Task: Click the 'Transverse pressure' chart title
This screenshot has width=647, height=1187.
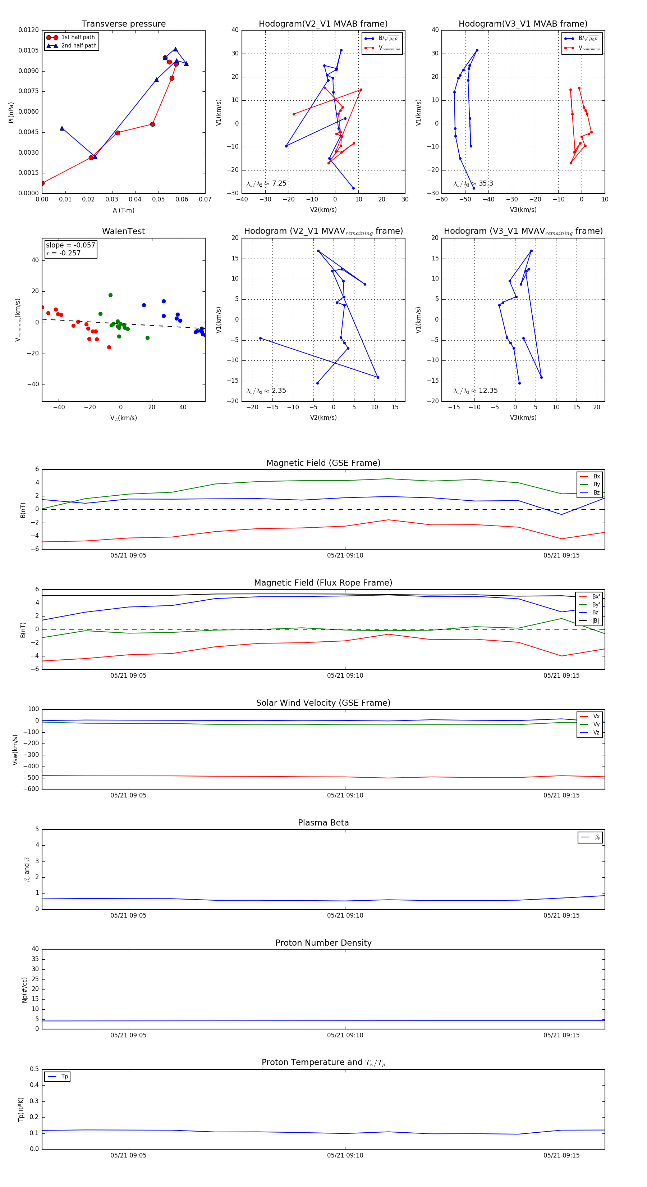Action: [123, 24]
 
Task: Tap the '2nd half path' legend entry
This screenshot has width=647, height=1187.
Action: [79, 46]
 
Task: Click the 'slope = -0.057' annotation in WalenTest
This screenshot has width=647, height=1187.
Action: [70, 245]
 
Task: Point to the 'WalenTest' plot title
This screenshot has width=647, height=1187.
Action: [123, 231]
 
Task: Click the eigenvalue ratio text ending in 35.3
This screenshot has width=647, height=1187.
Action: [473, 183]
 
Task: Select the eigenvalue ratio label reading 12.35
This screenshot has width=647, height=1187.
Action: [475, 391]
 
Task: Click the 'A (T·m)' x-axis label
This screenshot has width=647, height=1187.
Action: [123, 210]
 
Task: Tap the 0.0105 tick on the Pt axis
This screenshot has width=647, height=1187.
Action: [28, 50]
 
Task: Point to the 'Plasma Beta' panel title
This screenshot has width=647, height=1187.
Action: [323, 823]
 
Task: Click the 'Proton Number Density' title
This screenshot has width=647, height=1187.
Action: [323, 943]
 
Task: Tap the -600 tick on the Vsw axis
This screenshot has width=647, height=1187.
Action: [31, 789]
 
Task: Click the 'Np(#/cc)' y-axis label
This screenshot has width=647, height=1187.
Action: [24, 990]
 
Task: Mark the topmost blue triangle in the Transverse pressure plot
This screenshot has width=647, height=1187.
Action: [175, 49]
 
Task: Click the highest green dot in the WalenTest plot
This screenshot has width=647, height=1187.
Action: [110, 295]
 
